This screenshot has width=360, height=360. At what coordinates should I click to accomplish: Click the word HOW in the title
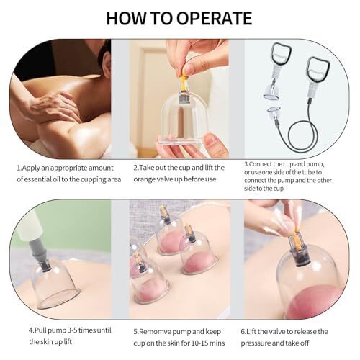coord(126,18)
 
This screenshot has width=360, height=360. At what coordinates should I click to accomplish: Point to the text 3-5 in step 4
coord(68,330)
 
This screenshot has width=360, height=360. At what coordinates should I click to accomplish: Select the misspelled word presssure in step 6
coord(257,343)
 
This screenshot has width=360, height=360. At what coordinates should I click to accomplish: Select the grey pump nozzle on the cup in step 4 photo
coord(38,252)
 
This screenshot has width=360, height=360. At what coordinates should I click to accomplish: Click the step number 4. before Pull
coord(32,330)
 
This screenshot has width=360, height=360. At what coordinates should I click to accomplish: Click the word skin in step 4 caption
coord(47,341)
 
